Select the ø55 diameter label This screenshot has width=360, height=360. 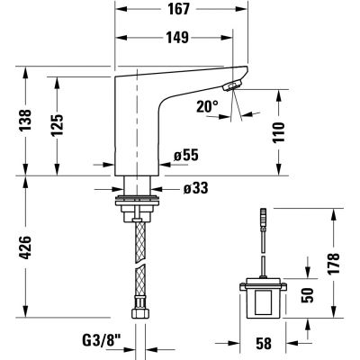click(184, 156)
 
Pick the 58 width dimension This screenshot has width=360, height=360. click(264, 342)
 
